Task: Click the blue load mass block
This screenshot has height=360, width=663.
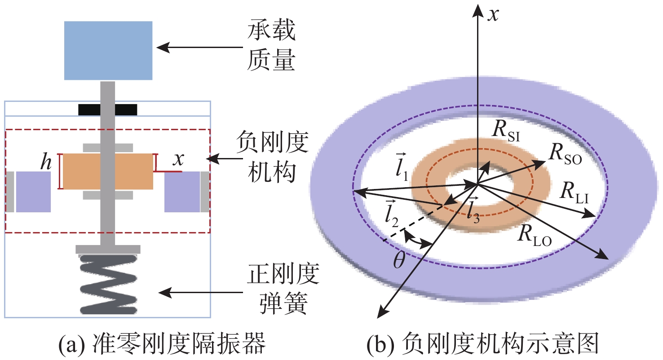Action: click(x=109, y=50)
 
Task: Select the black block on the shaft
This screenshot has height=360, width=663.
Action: click(x=108, y=109)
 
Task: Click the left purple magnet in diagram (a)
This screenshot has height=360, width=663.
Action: click(x=33, y=192)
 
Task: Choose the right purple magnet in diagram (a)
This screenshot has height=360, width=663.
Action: click(x=181, y=192)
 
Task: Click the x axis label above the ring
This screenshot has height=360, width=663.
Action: click(x=494, y=15)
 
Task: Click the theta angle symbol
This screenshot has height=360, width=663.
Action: click(x=399, y=260)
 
